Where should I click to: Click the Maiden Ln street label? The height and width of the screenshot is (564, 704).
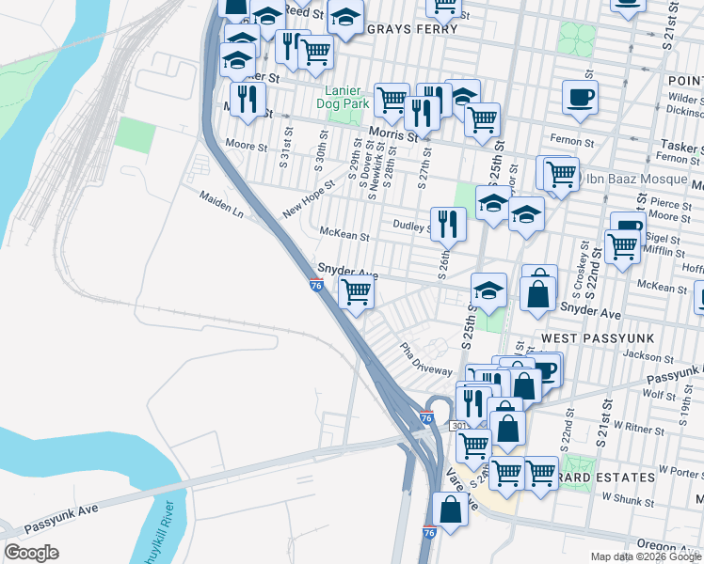coord(220,206)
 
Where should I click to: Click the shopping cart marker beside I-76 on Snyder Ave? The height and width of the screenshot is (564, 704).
coord(356,293)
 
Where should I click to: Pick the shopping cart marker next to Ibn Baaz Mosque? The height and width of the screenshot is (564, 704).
coord(561,174)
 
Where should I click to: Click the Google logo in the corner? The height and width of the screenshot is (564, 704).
coord(31,553)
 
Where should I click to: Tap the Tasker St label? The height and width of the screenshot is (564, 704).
coord(680,148)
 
